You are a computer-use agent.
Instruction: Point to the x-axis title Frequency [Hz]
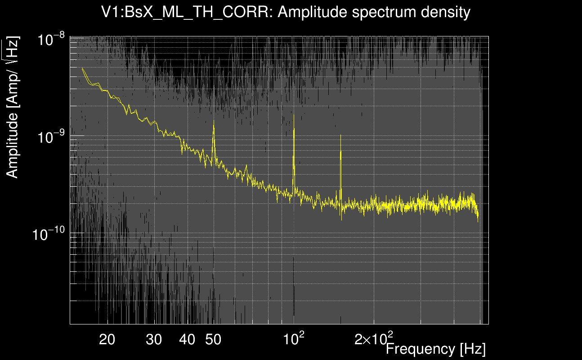435,348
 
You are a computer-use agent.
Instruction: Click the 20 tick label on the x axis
107,340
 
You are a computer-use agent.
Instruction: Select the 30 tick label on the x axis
154,340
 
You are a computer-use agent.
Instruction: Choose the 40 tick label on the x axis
187,340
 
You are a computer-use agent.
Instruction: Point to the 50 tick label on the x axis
213,340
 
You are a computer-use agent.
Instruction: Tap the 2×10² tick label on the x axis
374,338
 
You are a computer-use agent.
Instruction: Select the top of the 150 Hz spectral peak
340,135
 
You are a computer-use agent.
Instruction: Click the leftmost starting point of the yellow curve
82,68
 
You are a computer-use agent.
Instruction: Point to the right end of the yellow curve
478,220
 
